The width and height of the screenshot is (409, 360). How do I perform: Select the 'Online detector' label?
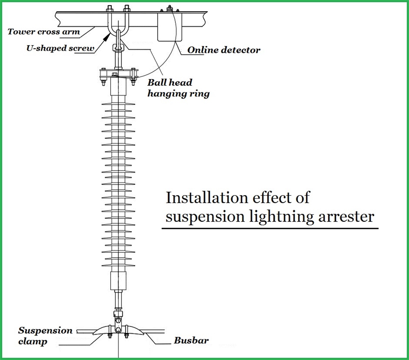(x=224, y=50)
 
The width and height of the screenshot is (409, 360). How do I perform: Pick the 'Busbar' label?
(x=191, y=340)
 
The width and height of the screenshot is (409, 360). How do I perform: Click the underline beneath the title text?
(x=270, y=229)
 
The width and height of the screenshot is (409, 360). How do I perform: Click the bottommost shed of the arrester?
(x=118, y=267)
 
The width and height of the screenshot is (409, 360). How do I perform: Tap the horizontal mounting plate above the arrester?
(x=118, y=72)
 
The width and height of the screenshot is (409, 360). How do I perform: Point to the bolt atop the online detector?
(x=169, y=8)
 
